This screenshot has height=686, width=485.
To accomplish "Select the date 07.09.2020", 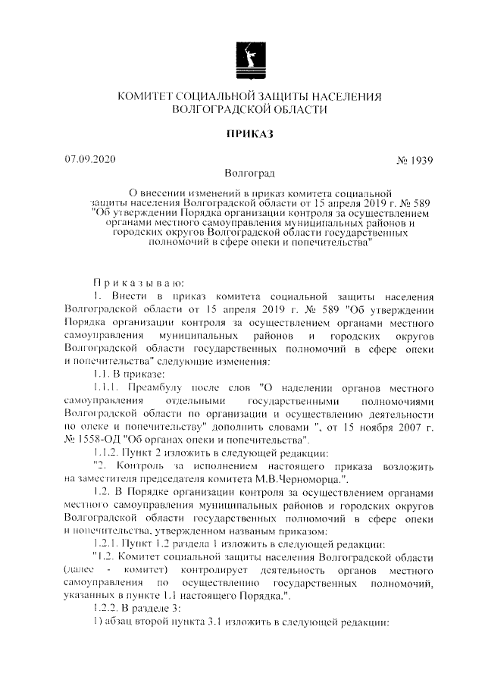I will [x=91, y=160].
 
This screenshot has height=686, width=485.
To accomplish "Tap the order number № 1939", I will [x=415, y=161].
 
